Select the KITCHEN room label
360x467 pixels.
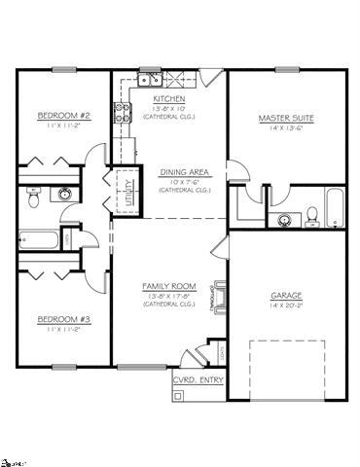click(x=170, y=99)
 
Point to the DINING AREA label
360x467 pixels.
click(x=180, y=171)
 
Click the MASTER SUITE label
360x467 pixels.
click(x=286, y=119)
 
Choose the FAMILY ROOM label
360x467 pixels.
click(x=169, y=286)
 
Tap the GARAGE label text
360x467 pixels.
click(x=286, y=294)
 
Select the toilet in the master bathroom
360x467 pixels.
click(x=309, y=216)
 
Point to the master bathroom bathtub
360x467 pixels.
click(x=334, y=207)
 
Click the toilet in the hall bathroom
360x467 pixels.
click(x=32, y=198)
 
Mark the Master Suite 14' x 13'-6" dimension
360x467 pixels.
click(x=286, y=129)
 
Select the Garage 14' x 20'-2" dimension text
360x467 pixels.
click(x=286, y=305)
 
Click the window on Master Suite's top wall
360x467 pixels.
click(x=288, y=69)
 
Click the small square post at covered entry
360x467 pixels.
click(x=177, y=395)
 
